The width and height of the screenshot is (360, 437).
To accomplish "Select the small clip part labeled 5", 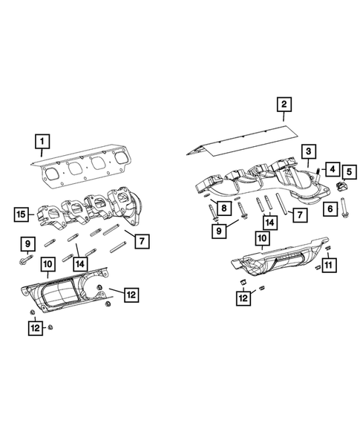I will [x=342, y=186].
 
